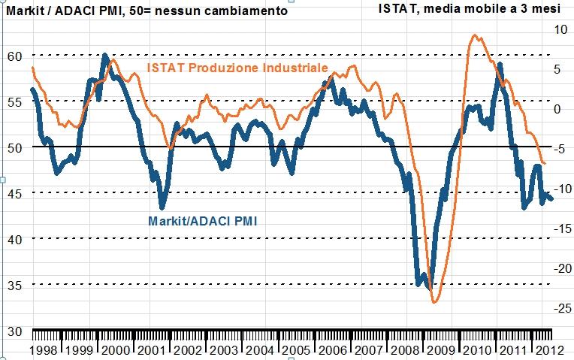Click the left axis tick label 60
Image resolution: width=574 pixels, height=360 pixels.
(x=13, y=57)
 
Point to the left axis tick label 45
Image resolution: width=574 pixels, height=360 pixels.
(x=13, y=193)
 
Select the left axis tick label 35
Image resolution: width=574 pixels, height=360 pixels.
(x=13, y=285)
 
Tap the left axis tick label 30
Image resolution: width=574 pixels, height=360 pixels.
(x=13, y=331)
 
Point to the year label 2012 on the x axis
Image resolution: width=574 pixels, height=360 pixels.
(x=543, y=350)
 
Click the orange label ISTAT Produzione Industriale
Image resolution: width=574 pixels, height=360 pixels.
(x=237, y=68)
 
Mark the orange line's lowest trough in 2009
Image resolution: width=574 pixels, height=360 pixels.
(x=434, y=302)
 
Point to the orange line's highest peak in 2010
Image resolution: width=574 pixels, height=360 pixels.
(x=474, y=35)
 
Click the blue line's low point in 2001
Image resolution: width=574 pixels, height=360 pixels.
(x=162, y=207)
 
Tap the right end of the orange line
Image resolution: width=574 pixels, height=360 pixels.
(x=545, y=164)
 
